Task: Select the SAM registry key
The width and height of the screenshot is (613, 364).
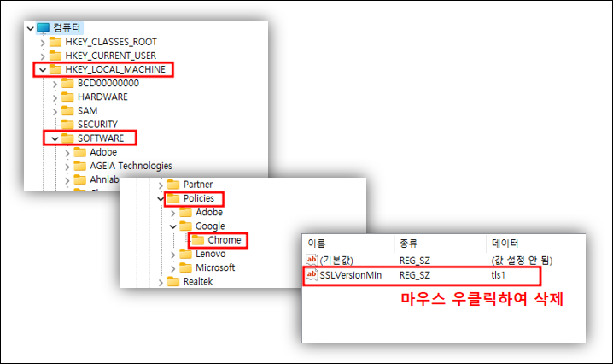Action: (x=87, y=110)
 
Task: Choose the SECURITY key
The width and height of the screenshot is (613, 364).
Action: (x=96, y=124)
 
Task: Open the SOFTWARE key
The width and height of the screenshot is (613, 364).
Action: (x=100, y=138)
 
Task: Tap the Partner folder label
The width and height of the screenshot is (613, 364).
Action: (x=197, y=185)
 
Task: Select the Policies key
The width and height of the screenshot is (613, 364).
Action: (x=198, y=198)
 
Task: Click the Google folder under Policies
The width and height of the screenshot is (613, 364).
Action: (x=210, y=226)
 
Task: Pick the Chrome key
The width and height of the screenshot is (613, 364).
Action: (x=224, y=240)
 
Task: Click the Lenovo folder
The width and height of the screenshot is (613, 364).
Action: (x=210, y=254)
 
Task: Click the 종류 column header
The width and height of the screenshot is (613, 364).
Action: (x=409, y=244)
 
